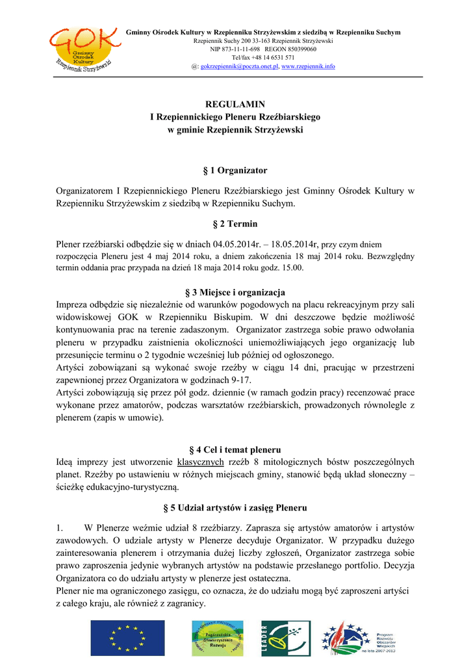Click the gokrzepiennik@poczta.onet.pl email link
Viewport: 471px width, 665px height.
click(239, 66)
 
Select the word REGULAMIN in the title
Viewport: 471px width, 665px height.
click(235, 104)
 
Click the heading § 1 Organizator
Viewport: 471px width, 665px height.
click(235, 170)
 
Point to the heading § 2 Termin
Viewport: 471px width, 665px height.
click(235, 224)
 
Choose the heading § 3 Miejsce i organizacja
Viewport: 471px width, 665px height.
click(235, 292)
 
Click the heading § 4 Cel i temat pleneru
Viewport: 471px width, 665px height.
click(235, 449)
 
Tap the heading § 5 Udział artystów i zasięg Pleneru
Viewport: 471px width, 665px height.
click(235, 507)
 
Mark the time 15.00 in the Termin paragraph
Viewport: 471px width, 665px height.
click(293, 267)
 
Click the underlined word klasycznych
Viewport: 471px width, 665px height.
click(200, 462)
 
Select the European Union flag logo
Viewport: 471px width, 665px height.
click(118, 638)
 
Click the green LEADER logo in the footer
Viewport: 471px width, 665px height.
click(281, 638)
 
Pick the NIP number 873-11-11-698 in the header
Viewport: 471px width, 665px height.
click(235, 49)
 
